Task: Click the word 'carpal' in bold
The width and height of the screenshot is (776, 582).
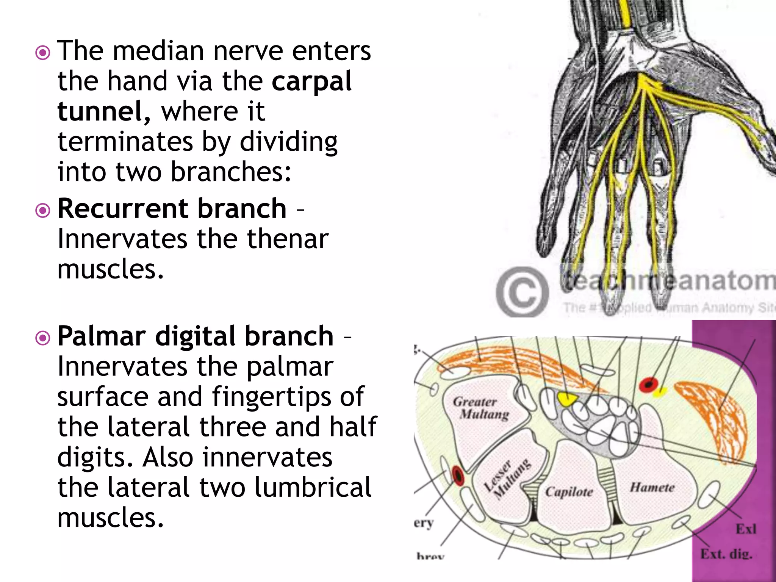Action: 311,82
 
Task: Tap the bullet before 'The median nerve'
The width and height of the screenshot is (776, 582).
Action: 42,53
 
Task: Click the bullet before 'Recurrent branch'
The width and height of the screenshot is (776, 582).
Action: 42,210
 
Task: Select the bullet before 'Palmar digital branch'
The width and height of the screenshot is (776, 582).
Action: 42,338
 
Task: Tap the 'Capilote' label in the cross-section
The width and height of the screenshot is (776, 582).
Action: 569,492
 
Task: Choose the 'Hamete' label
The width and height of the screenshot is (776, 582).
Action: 652,487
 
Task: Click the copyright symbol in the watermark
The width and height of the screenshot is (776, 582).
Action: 522,292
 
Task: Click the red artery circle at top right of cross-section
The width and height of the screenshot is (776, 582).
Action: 648,385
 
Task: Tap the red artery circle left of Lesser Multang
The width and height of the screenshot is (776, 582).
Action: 457,475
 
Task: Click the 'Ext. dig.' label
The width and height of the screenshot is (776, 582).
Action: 726,554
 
